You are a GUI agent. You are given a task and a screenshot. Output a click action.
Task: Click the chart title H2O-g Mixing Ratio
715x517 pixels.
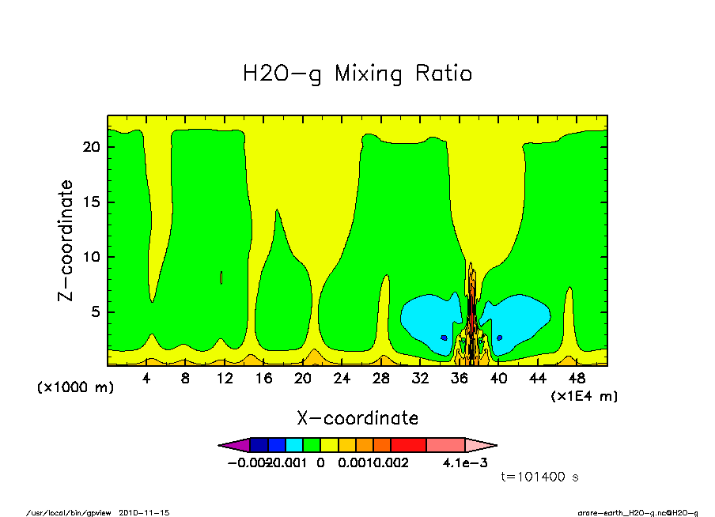click(357, 74)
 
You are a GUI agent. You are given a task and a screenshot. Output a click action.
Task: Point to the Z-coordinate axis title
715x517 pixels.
click(66, 240)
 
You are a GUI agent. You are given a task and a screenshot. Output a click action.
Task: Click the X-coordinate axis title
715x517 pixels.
click(357, 417)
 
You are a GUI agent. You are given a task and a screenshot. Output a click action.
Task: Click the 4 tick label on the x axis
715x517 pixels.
click(146, 379)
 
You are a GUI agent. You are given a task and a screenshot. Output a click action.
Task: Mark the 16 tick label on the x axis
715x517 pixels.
click(263, 379)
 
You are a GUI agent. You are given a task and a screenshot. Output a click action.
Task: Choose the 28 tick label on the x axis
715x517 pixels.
click(381, 379)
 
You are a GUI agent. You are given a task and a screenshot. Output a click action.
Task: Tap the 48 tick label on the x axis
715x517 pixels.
click(577, 379)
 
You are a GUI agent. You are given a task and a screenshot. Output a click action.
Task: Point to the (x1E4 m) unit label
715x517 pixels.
click(584, 395)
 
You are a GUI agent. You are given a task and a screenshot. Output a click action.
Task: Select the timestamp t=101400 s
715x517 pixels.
click(541, 477)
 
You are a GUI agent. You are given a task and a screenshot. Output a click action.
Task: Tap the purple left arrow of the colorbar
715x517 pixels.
click(233, 445)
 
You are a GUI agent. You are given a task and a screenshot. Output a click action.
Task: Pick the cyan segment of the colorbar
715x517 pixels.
click(293, 445)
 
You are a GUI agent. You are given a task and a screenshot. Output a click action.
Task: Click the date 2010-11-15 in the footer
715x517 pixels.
click(144, 512)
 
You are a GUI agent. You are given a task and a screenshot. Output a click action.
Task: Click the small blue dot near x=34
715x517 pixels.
click(444, 338)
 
